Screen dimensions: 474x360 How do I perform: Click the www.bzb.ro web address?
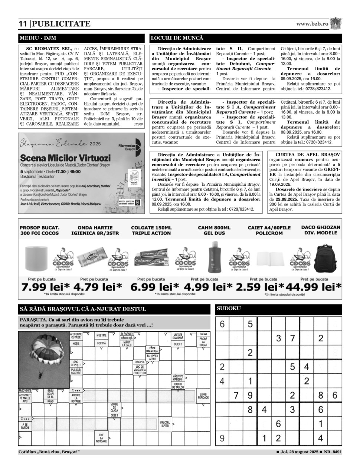pos(312,23)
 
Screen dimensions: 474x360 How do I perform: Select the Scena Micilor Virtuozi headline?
pos(65,158)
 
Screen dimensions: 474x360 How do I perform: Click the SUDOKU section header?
pos(229,308)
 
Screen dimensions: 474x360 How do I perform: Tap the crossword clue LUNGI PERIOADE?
pos(203,396)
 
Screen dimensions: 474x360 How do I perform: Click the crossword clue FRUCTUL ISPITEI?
pos(165,424)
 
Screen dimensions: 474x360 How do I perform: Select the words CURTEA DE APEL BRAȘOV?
pos(308,154)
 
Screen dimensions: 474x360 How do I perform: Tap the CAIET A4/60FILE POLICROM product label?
pos(269,230)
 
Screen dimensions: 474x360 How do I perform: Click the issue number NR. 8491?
pos(333,452)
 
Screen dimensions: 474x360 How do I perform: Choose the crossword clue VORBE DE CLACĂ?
pos(114,407)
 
